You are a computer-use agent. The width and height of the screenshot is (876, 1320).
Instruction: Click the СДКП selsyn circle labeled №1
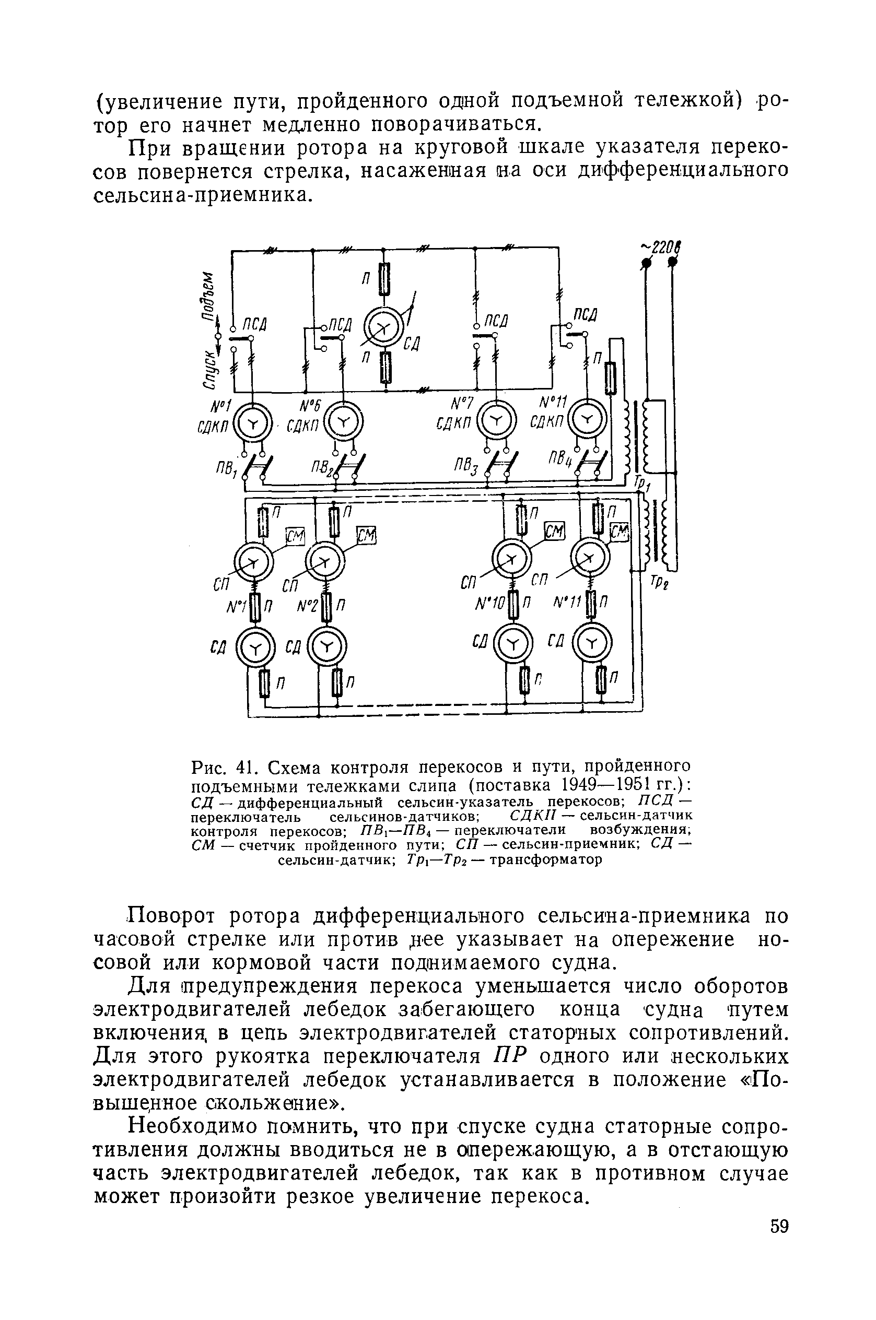[x=252, y=426]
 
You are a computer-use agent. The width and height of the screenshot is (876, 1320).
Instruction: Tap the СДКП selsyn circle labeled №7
[x=497, y=421]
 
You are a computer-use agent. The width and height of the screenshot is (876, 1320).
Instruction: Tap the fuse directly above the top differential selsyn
[x=384, y=279]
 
